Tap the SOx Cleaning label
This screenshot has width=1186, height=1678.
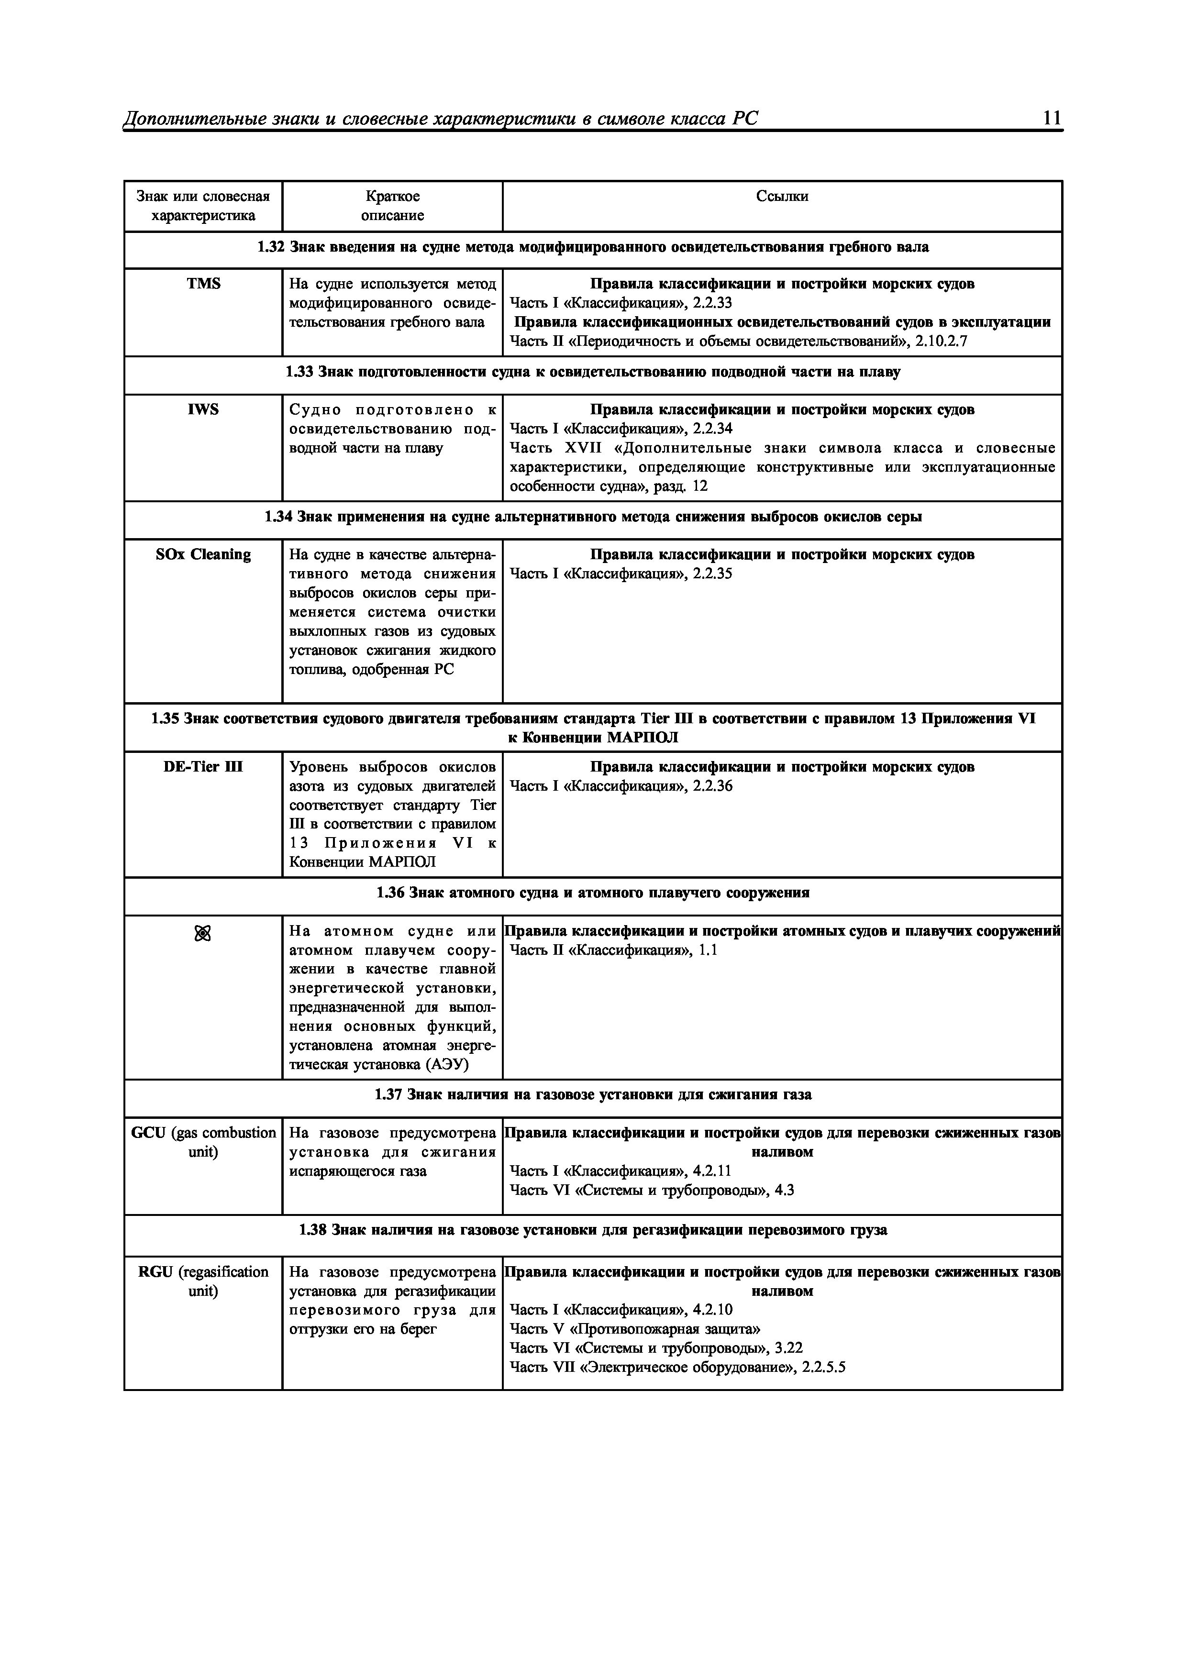pyautogui.click(x=203, y=555)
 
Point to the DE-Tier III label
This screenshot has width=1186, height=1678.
pyautogui.click(x=203, y=767)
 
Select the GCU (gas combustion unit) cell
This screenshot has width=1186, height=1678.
pyautogui.click(x=203, y=1142)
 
